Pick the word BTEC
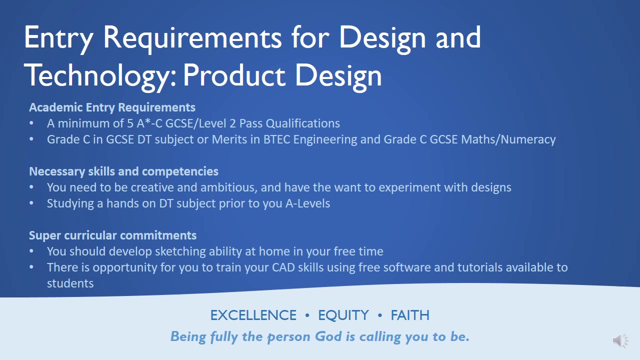(277, 139)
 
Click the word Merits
(228, 139)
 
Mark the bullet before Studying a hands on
(32, 203)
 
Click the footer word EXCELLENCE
(253, 315)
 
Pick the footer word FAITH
(410, 315)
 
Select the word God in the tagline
(327, 336)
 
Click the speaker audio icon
(620, 341)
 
